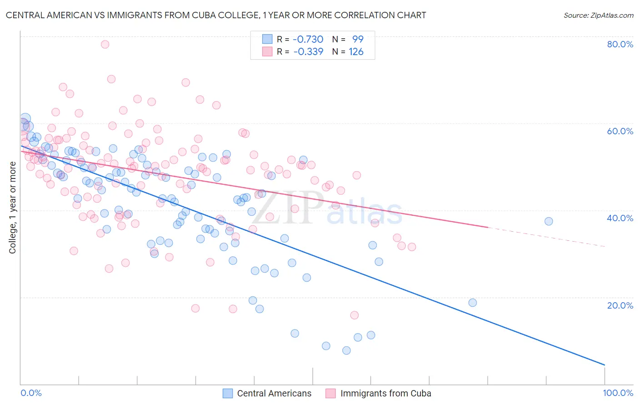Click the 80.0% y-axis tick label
(620, 44)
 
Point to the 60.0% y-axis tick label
(620, 131)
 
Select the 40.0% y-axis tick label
(620, 218)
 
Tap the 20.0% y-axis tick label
(620, 305)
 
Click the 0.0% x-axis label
(31, 393)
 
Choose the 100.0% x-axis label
(618, 393)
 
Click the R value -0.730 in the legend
(308, 39)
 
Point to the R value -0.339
(308, 52)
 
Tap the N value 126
(356, 52)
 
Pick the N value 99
(358, 39)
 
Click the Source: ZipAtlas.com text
(598, 15)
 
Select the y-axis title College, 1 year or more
(13, 208)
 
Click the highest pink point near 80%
(105, 44)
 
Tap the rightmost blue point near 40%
(549, 221)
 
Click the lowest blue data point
(346, 350)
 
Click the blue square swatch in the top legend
(267, 39)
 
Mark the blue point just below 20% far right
(473, 303)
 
